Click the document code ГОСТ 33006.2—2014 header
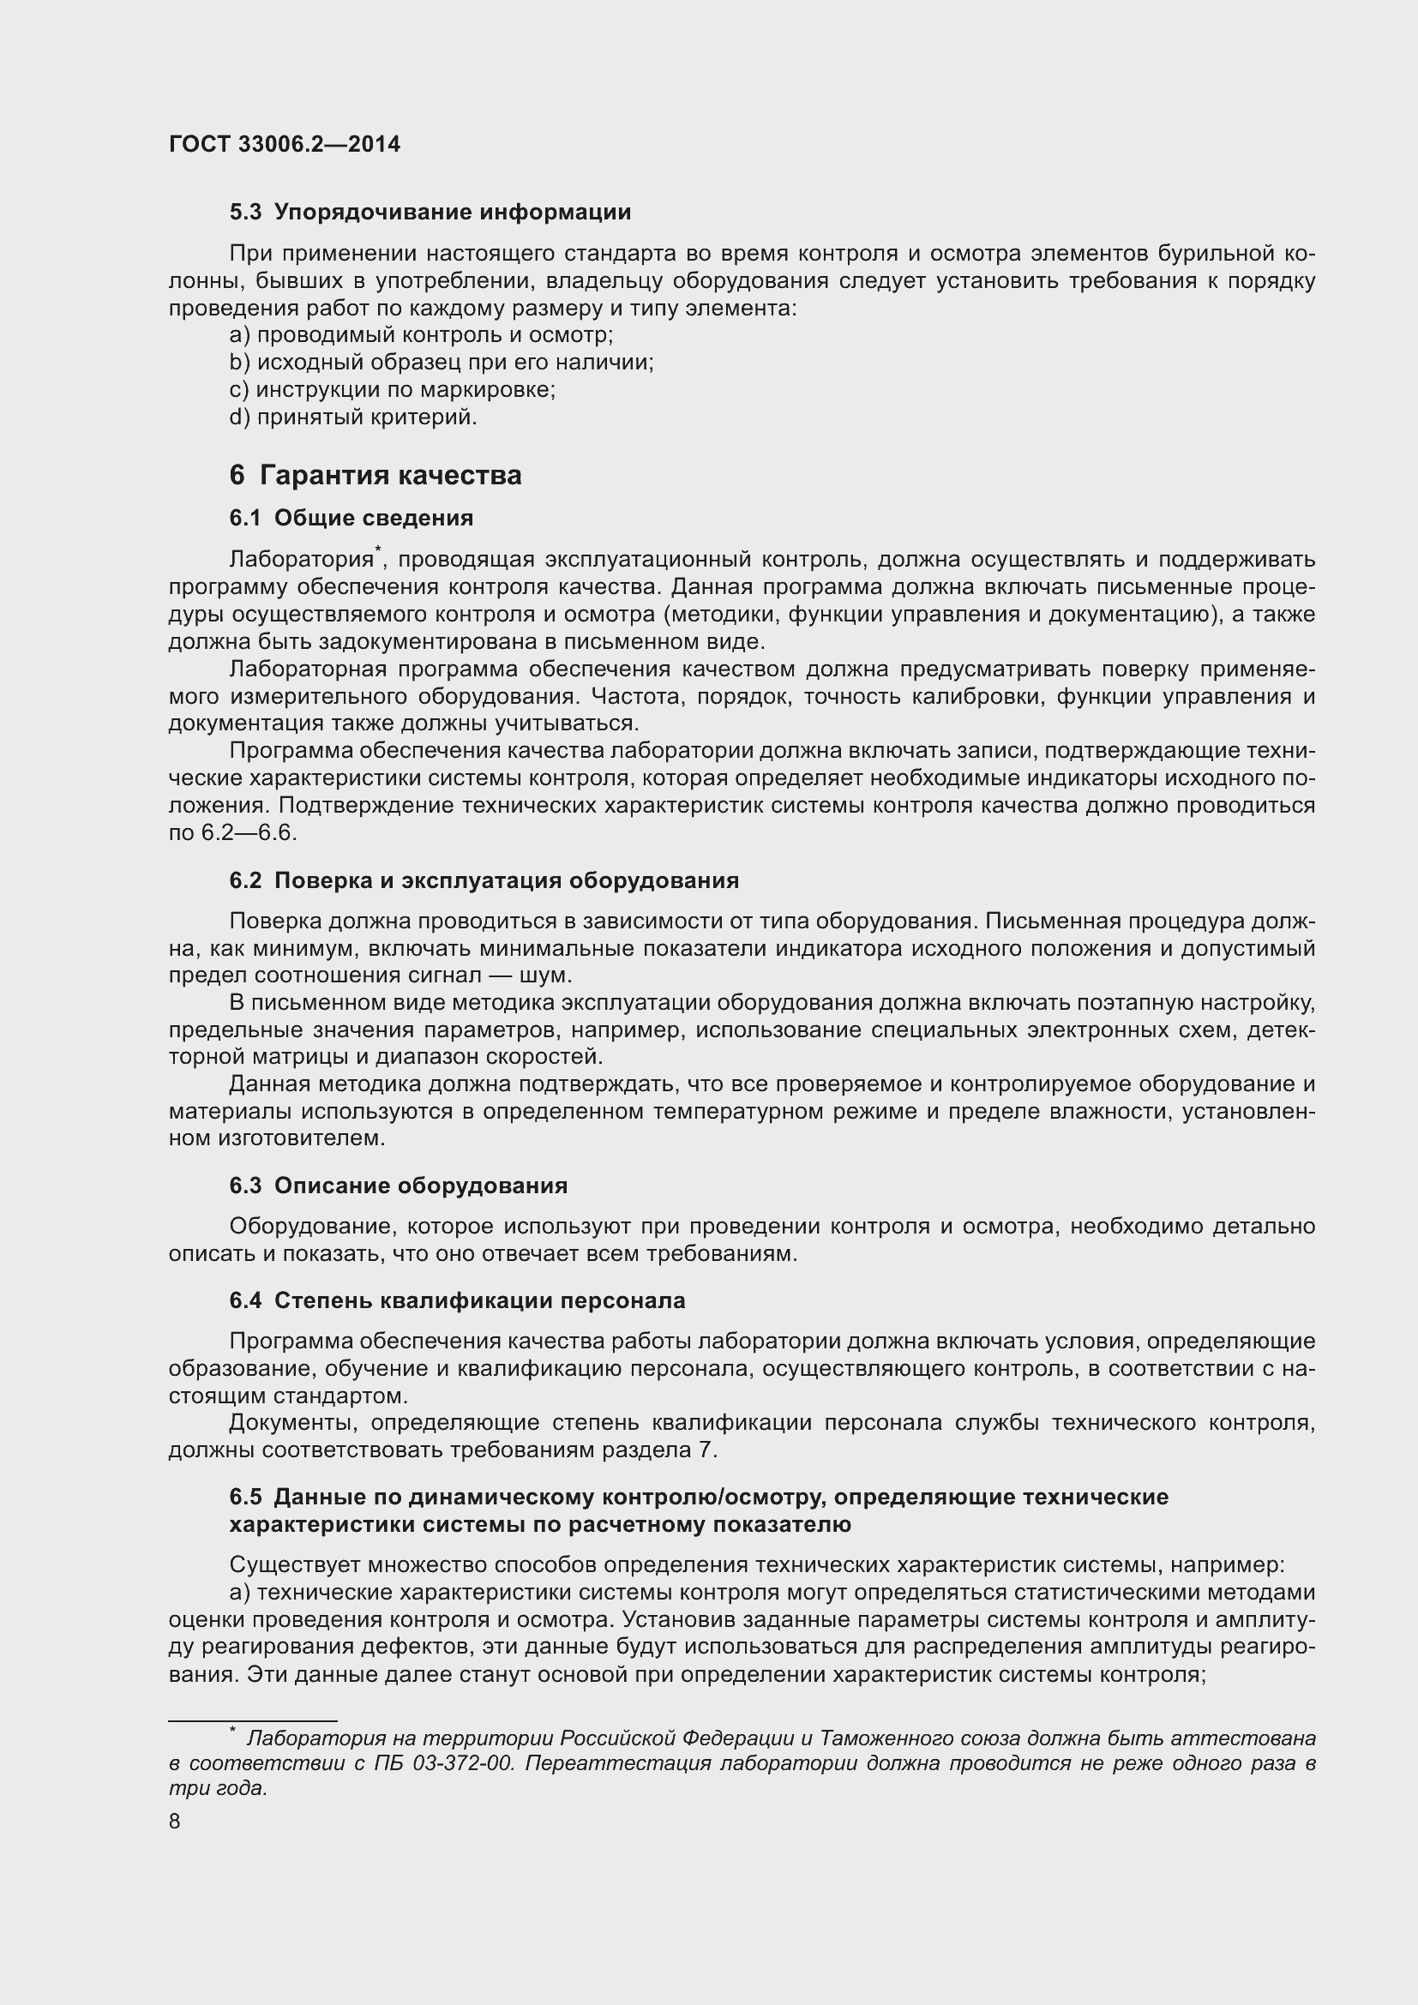tap(285, 144)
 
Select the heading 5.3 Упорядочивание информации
tap(430, 213)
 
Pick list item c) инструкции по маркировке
tap(392, 389)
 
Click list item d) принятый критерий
tap(352, 417)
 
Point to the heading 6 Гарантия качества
tap(376, 475)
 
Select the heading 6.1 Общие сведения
tap(351, 518)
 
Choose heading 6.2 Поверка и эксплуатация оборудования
tap(484, 880)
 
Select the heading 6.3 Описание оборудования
tap(398, 1185)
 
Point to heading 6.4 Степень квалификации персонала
tap(457, 1300)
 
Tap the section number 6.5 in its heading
tap(245, 1497)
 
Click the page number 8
tap(175, 1822)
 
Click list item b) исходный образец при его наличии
tap(441, 363)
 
